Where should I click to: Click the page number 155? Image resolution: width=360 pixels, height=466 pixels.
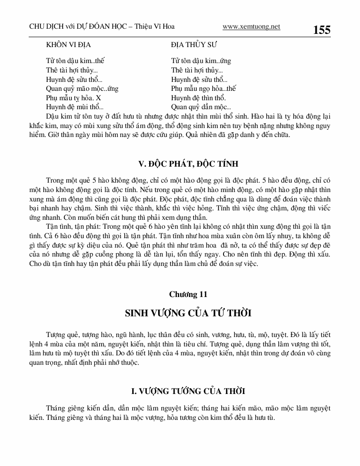(321, 30)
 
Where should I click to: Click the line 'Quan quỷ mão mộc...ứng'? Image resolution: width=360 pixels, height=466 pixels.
(82, 88)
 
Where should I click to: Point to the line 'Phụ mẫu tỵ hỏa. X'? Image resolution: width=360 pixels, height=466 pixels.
(73, 98)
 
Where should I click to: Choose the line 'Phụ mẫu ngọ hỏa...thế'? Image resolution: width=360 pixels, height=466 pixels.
(203, 88)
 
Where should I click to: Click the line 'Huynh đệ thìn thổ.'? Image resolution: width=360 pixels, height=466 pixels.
(198, 98)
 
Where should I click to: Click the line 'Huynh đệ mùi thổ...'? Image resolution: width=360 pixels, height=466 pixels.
(74, 107)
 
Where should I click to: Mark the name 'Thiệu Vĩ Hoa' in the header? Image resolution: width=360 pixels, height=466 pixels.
(158, 27)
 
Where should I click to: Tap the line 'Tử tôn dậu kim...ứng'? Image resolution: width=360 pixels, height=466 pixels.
(201, 61)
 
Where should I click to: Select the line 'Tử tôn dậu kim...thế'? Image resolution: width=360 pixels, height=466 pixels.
(75, 61)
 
